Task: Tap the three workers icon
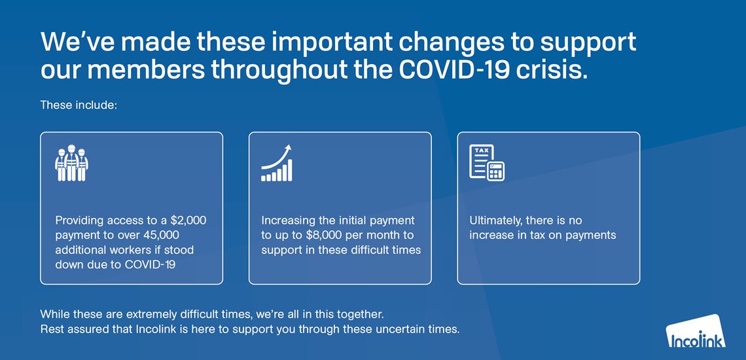[x=71, y=163]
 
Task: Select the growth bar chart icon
[x=276, y=163]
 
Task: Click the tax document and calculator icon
[x=487, y=162]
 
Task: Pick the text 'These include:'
[x=79, y=105]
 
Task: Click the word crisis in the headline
[x=561, y=71]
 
